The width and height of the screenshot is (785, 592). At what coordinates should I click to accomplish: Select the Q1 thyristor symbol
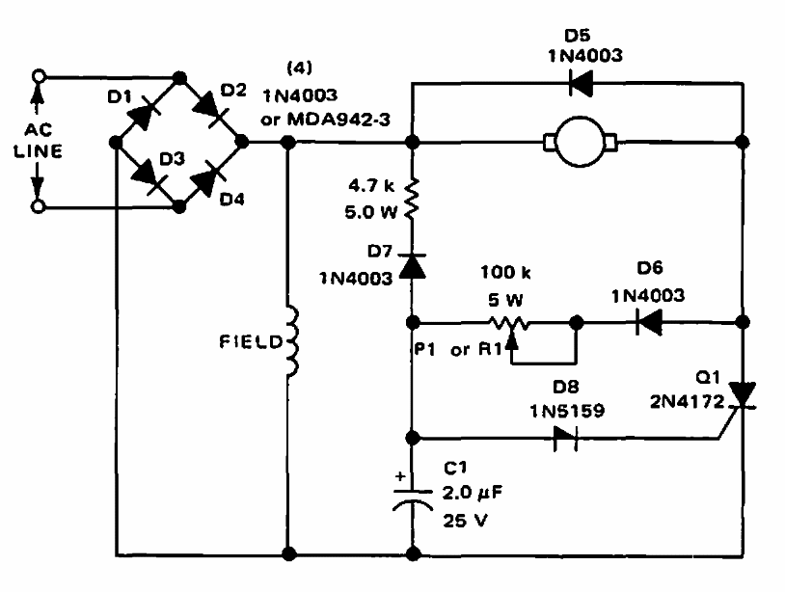tap(743, 395)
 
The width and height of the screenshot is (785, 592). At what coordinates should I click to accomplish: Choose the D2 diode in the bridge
tap(207, 108)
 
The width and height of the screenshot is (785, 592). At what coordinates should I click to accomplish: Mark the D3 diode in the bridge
tap(146, 175)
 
